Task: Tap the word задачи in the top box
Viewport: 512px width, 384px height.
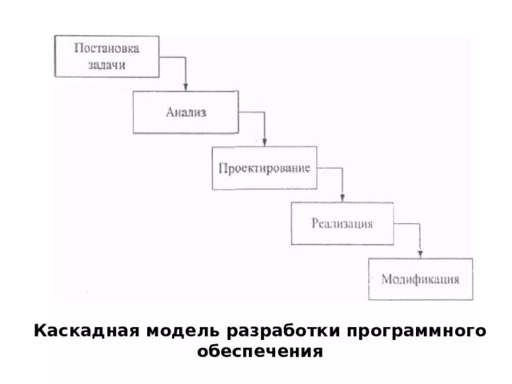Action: (x=106, y=65)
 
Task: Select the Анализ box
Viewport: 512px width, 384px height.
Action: (x=186, y=112)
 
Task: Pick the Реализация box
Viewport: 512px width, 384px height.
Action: (x=342, y=223)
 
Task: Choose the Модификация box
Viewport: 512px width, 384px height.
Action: (x=420, y=279)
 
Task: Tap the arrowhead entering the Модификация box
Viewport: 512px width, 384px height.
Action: (x=421, y=254)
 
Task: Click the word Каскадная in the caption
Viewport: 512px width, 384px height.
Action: (x=77, y=332)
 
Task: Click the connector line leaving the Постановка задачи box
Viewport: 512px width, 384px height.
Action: (x=174, y=57)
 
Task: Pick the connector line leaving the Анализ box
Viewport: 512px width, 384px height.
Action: (x=252, y=113)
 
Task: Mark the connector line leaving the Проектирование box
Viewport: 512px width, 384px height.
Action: (x=330, y=168)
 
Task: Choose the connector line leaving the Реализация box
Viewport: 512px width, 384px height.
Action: (x=408, y=224)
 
